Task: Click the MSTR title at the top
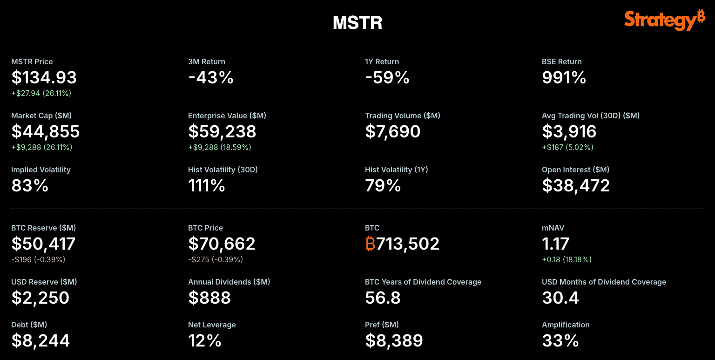pos(357,23)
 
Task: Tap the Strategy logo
pos(664,20)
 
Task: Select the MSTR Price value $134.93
pos(44,78)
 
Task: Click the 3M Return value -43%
pos(210,78)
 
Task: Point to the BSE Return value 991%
pos(564,78)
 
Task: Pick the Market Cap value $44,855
pos(45,132)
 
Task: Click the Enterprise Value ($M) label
pos(227,115)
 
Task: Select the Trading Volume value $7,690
pos(392,132)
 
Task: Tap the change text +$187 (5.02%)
pos(567,147)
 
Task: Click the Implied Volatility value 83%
pos(30,186)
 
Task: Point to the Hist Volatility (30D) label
pos(223,170)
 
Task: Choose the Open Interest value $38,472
pos(576,186)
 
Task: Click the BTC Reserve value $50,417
pos(43,244)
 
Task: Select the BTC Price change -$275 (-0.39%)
pos(216,259)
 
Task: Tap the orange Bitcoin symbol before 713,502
pos(371,244)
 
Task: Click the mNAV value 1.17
pos(555,244)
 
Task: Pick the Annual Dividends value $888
pos(209,298)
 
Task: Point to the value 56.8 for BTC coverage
pos(383,298)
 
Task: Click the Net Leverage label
pos(212,325)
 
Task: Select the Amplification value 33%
pos(560,341)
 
